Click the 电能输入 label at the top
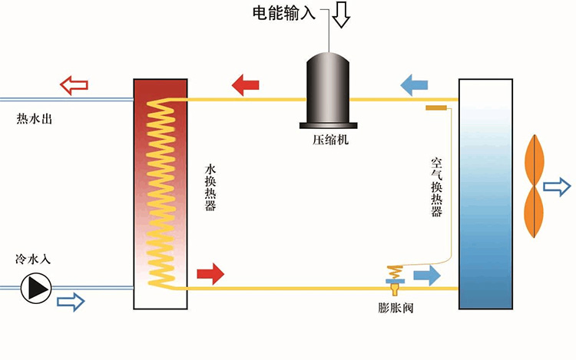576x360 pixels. click(x=283, y=13)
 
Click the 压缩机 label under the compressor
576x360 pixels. click(x=329, y=140)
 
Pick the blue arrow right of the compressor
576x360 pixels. click(x=414, y=84)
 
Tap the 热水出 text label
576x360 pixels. click(x=34, y=119)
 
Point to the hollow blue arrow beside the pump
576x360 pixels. click(x=71, y=302)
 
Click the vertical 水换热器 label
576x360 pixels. click(x=210, y=187)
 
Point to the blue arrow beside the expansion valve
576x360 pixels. click(x=427, y=274)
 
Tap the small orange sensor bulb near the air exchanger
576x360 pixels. click(x=435, y=108)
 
